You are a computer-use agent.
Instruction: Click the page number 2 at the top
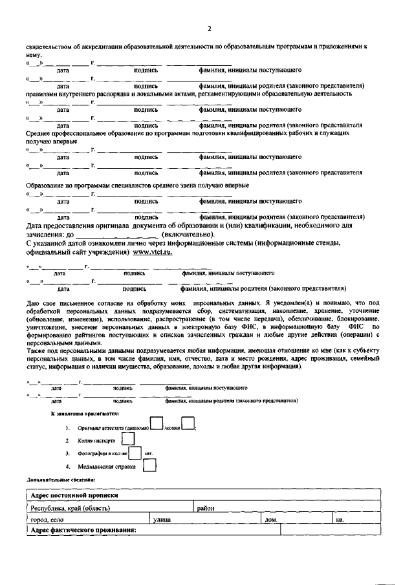(x=209, y=28)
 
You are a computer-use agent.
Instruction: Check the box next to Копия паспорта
(x=128, y=438)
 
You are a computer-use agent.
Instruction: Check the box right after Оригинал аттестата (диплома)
(x=157, y=423)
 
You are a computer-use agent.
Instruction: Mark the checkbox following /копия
(x=188, y=424)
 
